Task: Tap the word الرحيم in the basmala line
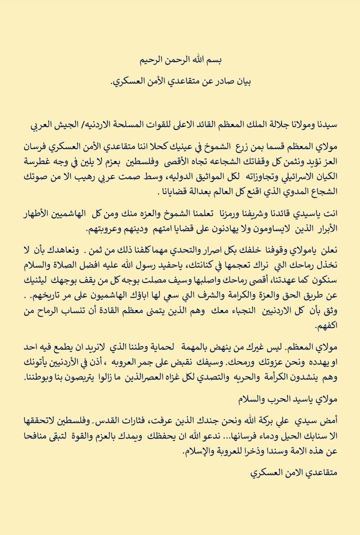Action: [151, 60]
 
